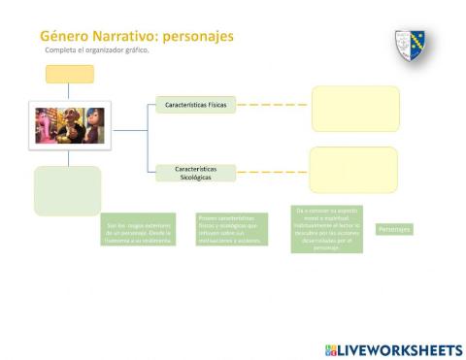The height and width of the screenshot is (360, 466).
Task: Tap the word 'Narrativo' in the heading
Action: click(x=124, y=36)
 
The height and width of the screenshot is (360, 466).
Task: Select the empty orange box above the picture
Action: click(x=70, y=74)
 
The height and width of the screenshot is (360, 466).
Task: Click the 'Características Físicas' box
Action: click(x=195, y=105)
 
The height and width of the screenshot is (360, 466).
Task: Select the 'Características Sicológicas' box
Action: click(x=195, y=173)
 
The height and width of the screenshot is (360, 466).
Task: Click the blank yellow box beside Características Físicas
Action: click(x=355, y=108)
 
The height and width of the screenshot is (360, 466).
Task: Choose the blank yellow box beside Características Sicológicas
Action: click(x=353, y=170)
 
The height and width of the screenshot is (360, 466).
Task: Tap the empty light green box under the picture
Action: click(x=67, y=190)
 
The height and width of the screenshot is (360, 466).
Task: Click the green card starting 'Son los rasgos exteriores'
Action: click(x=139, y=229)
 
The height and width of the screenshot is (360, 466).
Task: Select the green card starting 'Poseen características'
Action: click(x=232, y=229)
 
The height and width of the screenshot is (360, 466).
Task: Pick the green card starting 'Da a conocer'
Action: click(x=327, y=229)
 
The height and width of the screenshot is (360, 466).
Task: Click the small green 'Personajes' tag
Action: click(x=394, y=229)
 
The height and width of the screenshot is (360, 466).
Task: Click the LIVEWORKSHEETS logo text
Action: click(x=400, y=349)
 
